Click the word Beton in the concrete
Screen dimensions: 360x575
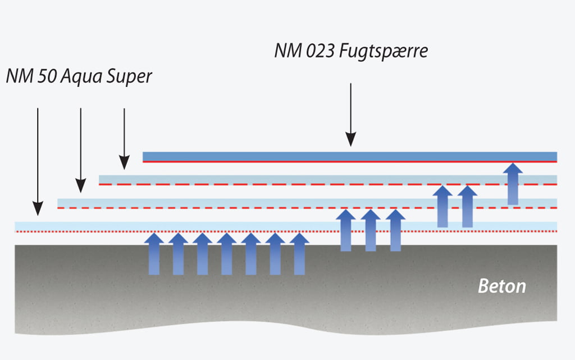[x=502, y=286]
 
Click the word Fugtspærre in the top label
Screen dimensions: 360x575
[x=385, y=52]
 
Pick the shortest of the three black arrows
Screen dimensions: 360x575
[x=124, y=138]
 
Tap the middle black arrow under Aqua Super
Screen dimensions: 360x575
[x=81, y=149]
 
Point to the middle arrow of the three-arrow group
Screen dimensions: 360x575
[x=371, y=230]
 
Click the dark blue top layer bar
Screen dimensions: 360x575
[x=349, y=156]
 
